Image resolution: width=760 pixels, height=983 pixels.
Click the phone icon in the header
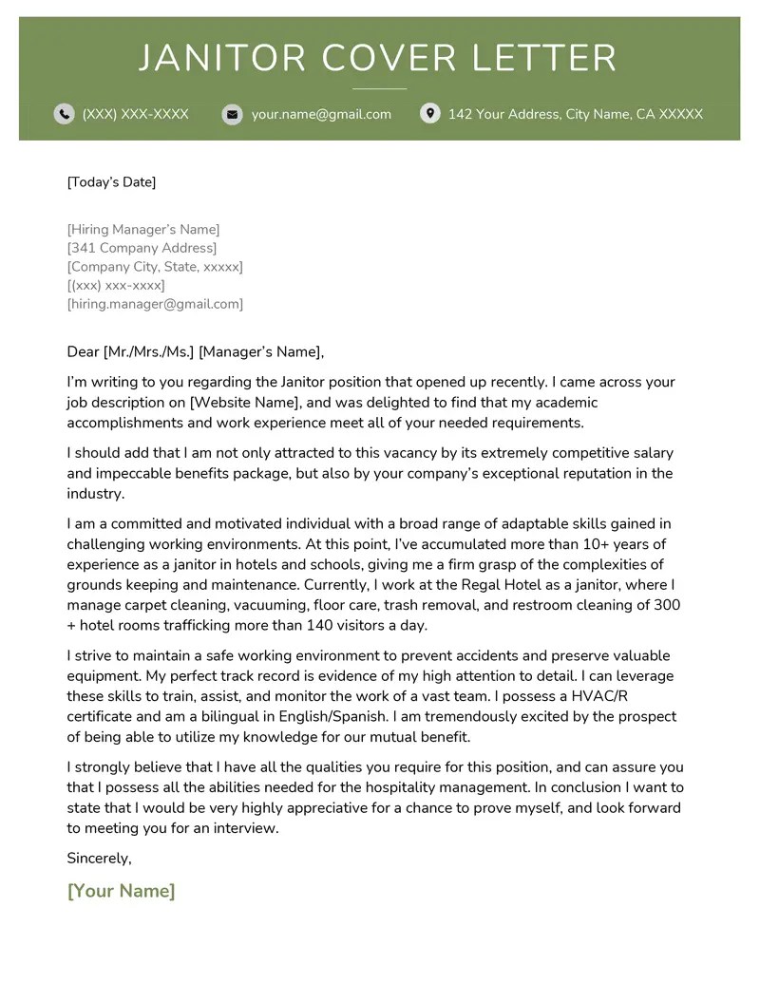(x=64, y=114)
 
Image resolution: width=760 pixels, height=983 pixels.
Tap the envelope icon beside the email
(x=232, y=114)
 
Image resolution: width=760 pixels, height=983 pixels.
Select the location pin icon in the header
(x=430, y=114)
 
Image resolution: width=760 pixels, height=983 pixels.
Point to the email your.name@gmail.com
(x=321, y=114)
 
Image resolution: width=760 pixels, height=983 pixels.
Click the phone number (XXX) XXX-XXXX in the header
(x=136, y=114)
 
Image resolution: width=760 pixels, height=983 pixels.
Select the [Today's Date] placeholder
(x=111, y=182)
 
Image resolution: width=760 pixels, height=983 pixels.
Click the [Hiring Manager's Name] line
(x=143, y=230)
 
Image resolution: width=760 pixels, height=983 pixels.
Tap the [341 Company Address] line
(x=142, y=249)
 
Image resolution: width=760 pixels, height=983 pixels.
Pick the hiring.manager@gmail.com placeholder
(x=155, y=304)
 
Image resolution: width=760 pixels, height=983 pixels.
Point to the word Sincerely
(x=99, y=859)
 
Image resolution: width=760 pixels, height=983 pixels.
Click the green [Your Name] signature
(x=122, y=891)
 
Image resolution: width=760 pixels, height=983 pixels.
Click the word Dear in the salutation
(x=83, y=352)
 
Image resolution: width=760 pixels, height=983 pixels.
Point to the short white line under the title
(x=379, y=89)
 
